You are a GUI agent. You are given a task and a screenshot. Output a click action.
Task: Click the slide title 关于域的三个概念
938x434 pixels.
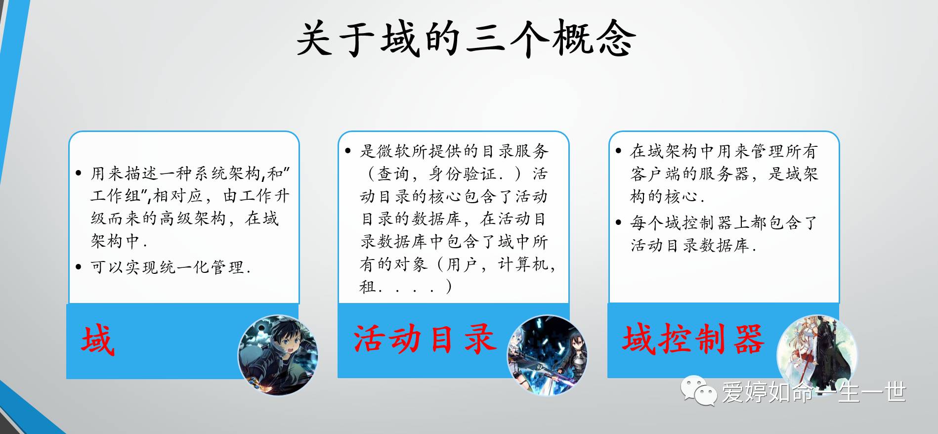click(466, 39)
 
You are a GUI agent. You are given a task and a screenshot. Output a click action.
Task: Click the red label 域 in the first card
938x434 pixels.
click(98, 340)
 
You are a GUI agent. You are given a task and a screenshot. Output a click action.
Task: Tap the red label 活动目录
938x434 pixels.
click(425, 339)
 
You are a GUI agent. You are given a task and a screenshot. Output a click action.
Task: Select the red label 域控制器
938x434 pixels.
click(693, 339)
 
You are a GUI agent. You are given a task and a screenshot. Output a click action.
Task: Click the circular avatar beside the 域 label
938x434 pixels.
click(278, 355)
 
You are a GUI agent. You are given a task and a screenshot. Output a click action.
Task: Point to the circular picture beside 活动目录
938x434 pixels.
click(548, 355)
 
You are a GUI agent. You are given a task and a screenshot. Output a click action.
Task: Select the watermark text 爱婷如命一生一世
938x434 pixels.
click(814, 392)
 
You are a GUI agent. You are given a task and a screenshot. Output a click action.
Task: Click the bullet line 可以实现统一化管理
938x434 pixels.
click(171, 267)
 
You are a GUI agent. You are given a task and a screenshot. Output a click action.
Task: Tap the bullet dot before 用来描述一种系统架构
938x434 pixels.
click(79, 174)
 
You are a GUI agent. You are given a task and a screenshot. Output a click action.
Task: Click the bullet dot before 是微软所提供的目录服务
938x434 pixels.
click(348, 151)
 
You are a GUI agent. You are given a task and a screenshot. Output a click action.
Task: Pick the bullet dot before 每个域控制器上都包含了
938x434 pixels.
click(618, 222)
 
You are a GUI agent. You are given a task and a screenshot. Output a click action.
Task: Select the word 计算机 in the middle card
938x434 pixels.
click(523, 264)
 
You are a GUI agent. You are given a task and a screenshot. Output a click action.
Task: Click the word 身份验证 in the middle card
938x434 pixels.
click(463, 174)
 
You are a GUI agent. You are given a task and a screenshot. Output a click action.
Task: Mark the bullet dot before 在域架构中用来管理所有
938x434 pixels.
click(618, 151)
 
